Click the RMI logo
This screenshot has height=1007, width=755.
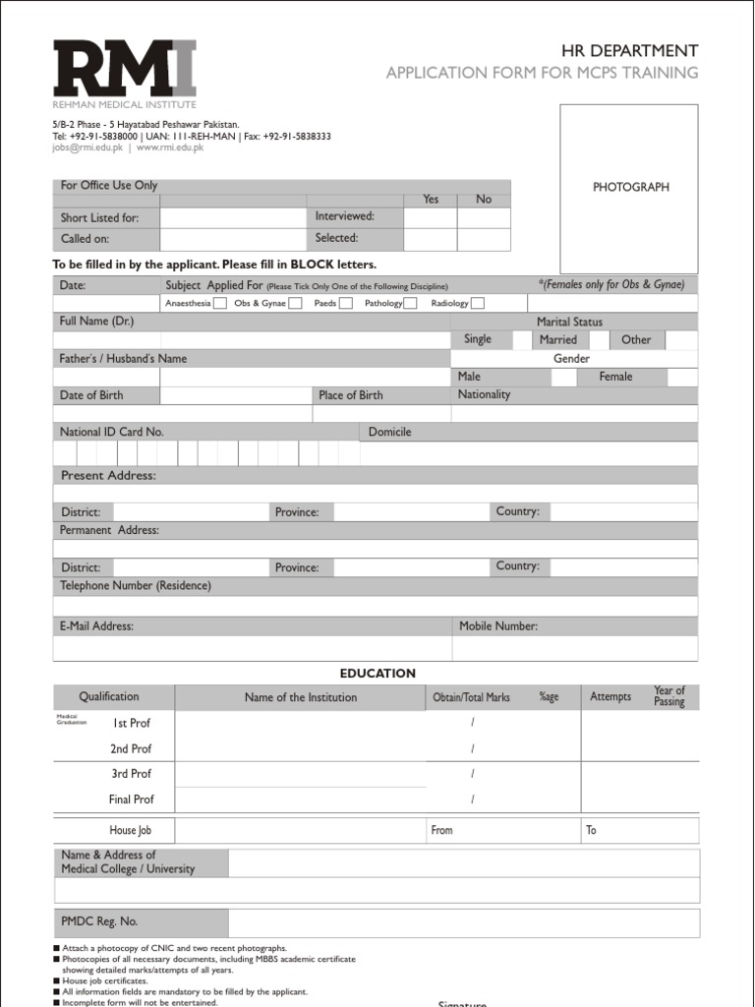point(125,74)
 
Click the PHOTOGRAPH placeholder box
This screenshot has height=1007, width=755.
point(629,188)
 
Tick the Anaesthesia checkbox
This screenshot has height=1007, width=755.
point(220,303)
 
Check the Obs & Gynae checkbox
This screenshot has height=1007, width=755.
point(295,303)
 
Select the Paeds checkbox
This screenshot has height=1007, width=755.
point(345,303)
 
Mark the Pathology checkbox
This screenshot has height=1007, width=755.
point(410,303)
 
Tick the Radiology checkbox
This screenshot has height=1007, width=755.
point(477,303)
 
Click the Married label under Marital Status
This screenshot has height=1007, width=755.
point(558,339)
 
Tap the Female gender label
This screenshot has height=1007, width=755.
point(615,377)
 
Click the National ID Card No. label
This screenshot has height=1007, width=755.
point(111,432)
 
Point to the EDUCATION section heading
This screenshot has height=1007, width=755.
point(377,673)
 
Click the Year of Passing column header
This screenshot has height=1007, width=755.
point(668,696)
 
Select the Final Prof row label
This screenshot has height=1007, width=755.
point(131,800)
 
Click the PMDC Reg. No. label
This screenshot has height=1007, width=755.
point(99,921)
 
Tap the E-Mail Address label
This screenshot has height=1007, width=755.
point(97,625)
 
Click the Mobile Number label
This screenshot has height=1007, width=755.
point(498,625)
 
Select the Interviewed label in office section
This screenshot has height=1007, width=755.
point(344,216)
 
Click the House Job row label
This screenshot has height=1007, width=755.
point(130,830)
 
